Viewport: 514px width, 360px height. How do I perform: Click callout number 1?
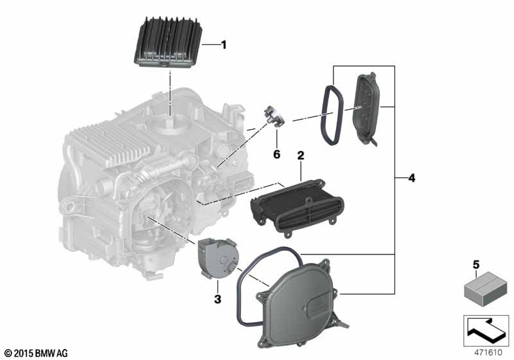[224, 44]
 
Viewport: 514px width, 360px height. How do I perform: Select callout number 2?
[301, 156]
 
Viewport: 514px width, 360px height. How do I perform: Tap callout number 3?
[217, 299]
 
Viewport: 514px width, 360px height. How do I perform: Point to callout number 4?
[412, 178]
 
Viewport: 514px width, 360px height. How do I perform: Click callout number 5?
[476, 264]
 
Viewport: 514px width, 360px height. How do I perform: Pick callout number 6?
[277, 154]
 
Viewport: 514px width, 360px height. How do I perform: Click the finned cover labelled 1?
[168, 42]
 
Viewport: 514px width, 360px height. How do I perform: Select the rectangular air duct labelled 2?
[297, 206]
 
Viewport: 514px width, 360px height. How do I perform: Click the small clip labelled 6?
[273, 116]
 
